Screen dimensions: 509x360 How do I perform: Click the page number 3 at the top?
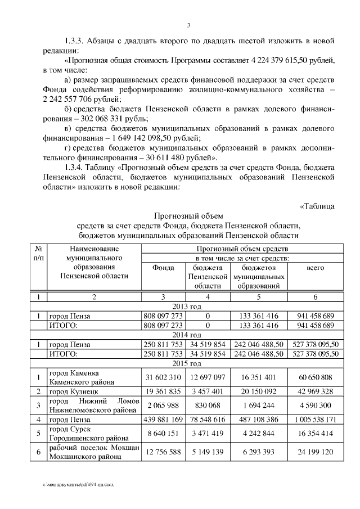pos(188,25)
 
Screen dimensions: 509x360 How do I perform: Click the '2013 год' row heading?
pos(188,307)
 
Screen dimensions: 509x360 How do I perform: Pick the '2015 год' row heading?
pos(188,364)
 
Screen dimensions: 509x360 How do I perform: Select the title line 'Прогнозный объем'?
pos(188,216)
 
